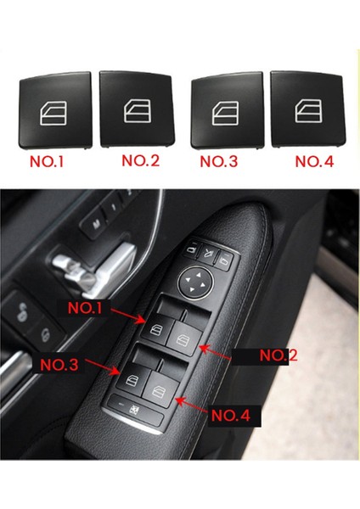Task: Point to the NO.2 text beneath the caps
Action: pyautogui.click(x=141, y=160)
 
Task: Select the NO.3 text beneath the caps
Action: pyautogui.click(x=219, y=160)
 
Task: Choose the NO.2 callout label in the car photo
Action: pyautogui.click(x=276, y=356)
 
